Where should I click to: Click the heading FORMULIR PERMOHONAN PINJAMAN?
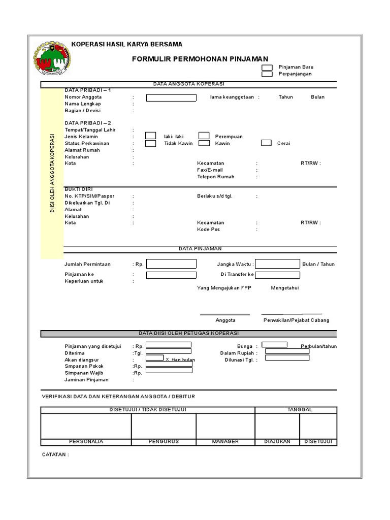pos(200,59)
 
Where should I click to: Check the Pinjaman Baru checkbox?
pos(267,67)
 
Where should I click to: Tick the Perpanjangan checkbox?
pos(267,74)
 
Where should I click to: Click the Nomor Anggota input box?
pos(171,97)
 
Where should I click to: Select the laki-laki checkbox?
pos(151,136)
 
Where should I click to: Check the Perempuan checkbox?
pos(204,136)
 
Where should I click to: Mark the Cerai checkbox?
pos(266,143)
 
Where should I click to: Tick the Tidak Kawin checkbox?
pos(151,143)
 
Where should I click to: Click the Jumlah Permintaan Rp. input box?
pos(171,264)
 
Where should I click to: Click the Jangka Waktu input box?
pos(277,264)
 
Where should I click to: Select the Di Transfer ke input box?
pos(277,275)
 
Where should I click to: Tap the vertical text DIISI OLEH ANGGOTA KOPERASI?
pos(52,173)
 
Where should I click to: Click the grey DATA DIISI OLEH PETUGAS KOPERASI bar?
pos(188,334)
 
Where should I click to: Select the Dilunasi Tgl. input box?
pos(287,358)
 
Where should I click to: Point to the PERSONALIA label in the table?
pos(86,441)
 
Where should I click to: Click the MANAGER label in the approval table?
pos(225,441)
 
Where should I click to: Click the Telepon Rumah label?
pos(216,177)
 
